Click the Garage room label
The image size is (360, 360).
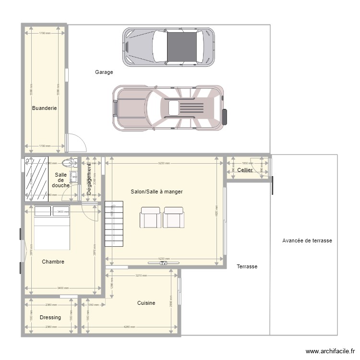click(x=104, y=72)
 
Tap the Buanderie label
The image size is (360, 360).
click(x=44, y=108)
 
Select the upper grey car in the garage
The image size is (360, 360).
click(x=168, y=46)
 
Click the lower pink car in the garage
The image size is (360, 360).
click(x=169, y=108)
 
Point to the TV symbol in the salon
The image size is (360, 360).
click(x=163, y=263)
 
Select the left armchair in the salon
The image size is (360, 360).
click(x=150, y=217)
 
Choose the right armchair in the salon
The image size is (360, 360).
click(x=173, y=217)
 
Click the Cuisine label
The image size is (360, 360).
click(x=146, y=303)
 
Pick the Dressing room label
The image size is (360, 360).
click(x=50, y=317)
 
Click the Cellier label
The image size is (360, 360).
click(x=245, y=170)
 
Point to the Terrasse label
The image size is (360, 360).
click(x=247, y=266)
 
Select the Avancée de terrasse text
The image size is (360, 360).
click(x=307, y=240)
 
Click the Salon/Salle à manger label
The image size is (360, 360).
click(x=156, y=192)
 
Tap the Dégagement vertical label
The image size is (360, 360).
click(x=89, y=178)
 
